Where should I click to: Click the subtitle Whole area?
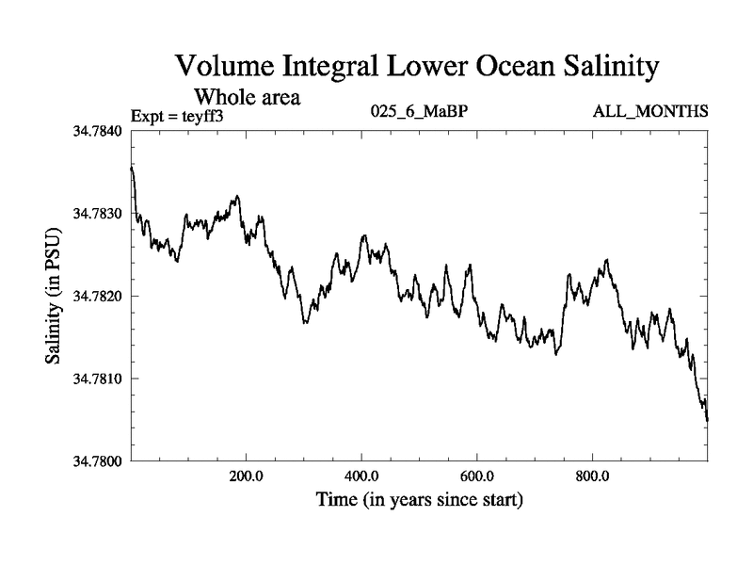click(247, 96)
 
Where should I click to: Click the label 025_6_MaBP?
click(420, 113)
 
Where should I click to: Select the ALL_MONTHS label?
click(649, 113)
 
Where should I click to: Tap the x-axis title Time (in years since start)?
click(419, 499)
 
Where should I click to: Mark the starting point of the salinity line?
click(131, 168)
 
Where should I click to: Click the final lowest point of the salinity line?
click(707, 420)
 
